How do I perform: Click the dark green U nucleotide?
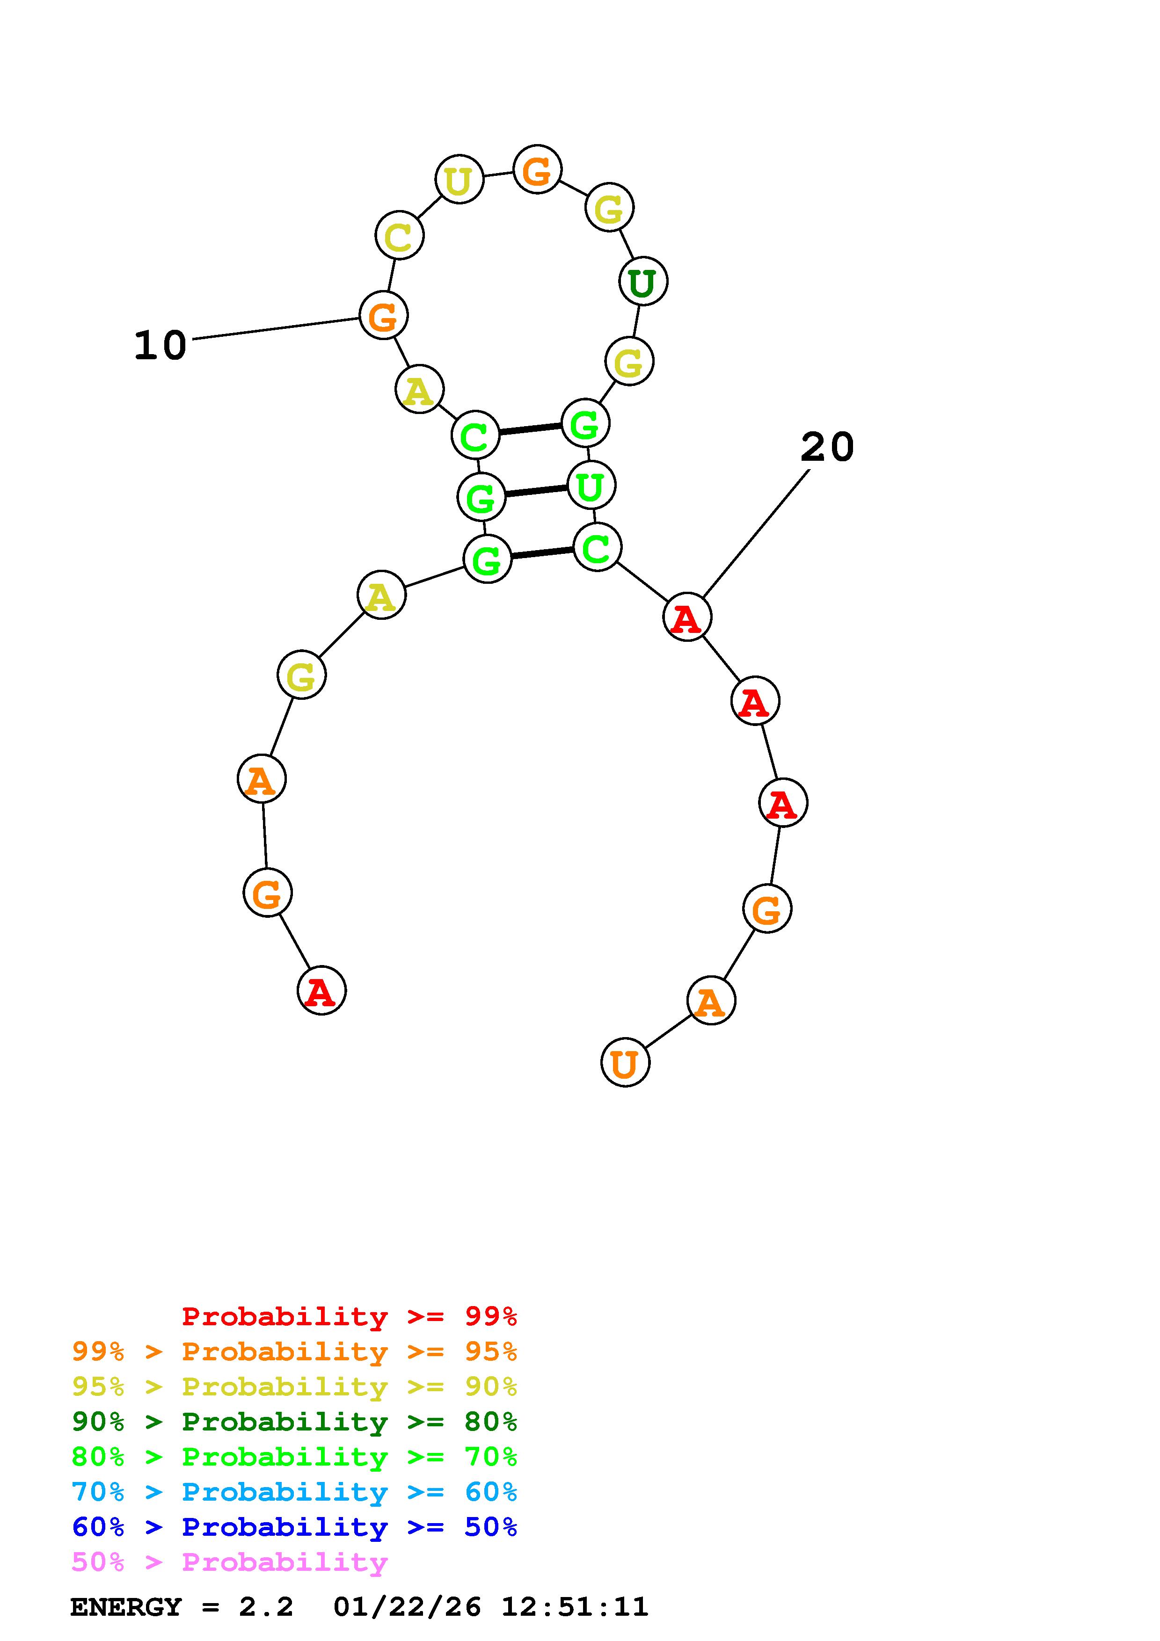[642, 282]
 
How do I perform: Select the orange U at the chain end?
[625, 1063]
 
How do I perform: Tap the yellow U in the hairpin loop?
[459, 179]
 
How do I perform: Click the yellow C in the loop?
[399, 235]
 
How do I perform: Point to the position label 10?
[160, 345]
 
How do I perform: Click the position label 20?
[827, 447]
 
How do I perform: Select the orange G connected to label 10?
[383, 315]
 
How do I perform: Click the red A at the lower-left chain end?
[321, 991]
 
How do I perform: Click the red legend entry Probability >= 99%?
[350, 1316]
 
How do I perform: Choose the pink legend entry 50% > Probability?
[229, 1562]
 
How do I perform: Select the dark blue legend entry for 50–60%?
[294, 1527]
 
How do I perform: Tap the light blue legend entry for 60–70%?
[294, 1492]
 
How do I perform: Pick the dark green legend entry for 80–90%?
[294, 1422]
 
